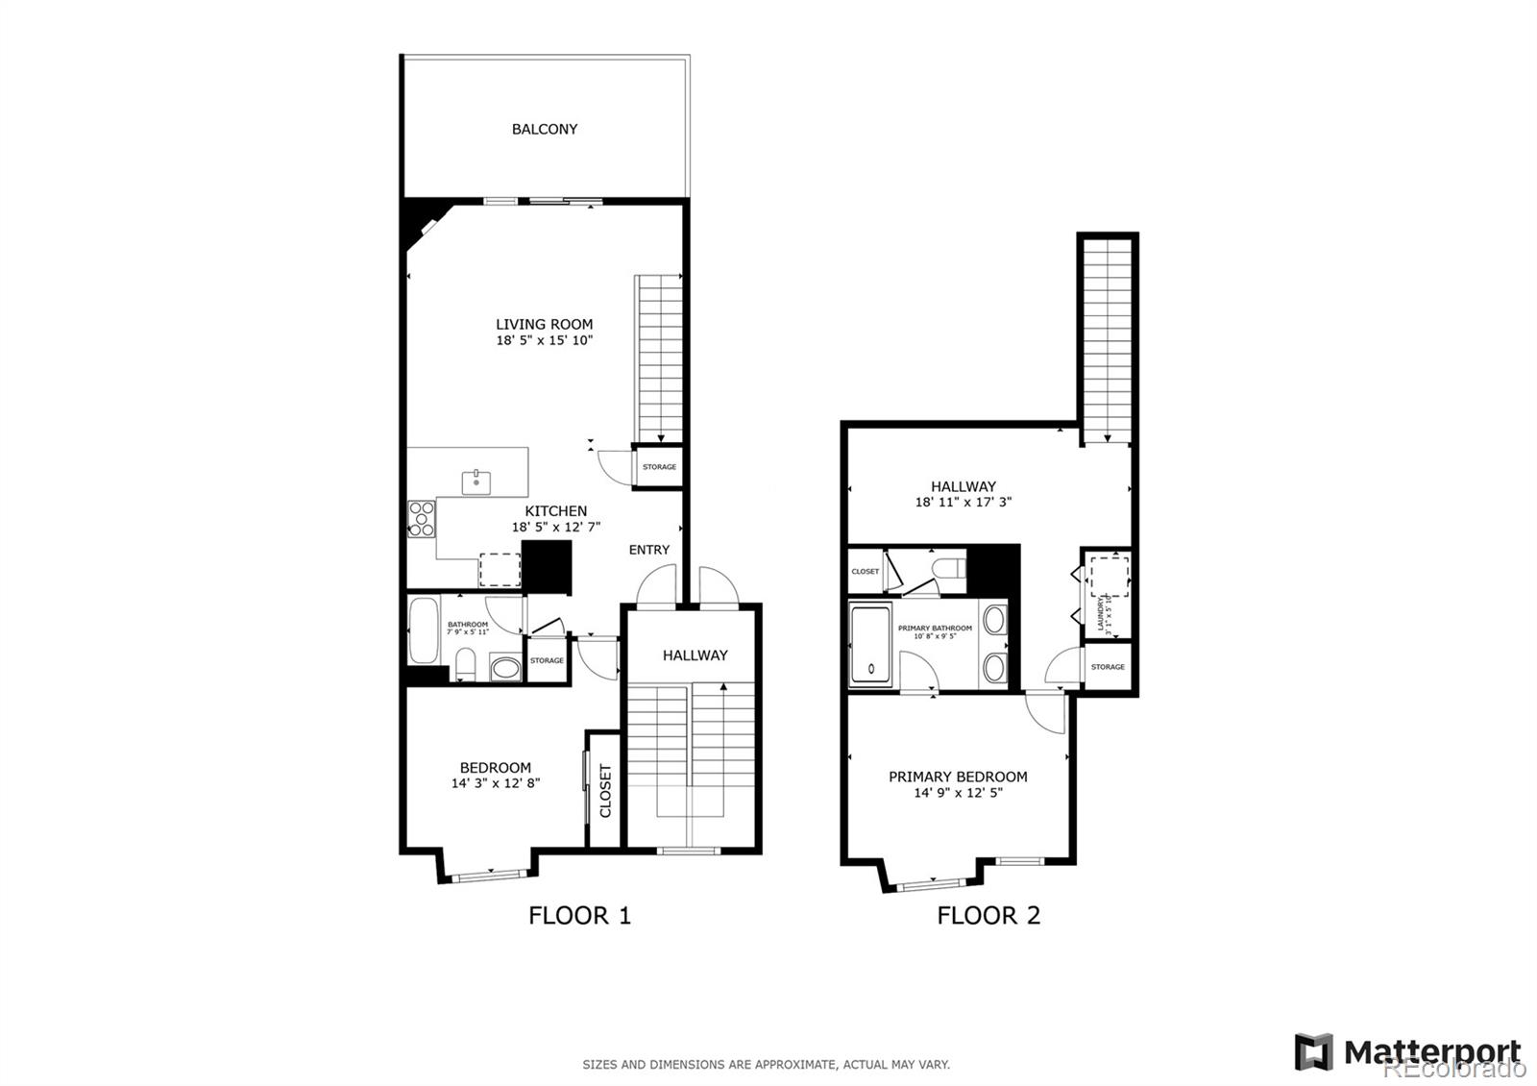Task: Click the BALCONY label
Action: tap(545, 129)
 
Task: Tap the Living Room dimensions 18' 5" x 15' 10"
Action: tap(545, 340)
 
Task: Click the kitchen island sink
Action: tap(476, 480)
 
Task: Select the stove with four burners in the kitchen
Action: tap(422, 518)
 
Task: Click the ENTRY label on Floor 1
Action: tap(649, 550)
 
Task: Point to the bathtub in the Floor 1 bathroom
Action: tap(424, 630)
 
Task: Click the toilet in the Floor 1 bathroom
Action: tap(465, 664)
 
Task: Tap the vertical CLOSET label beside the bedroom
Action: tap(605, 790)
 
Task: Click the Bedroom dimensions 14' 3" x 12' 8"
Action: tap(496, 783)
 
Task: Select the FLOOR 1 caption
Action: tap(579, 915)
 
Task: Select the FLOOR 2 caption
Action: tap(988, 915)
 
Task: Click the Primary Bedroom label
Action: tap(958, 777)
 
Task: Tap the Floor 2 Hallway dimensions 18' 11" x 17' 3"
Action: tap(964, 502)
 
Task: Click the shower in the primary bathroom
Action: tap(871, 644)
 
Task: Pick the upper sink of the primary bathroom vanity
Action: tap(994, 620)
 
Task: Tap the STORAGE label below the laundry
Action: tap(1108, 667)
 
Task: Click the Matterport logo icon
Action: tap(1313, 1051)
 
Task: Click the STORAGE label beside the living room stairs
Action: tap(659, 467)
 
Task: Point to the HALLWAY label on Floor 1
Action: tap(695, 655)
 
